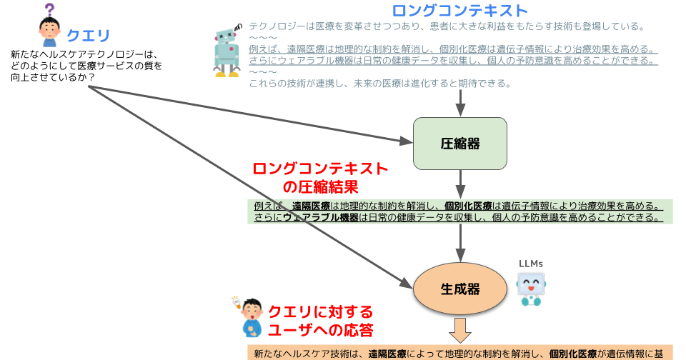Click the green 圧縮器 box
(x=460, y=143)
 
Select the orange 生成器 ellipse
(x=460, y=289)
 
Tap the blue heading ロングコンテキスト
(x=459, y=11)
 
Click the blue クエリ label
(x=89, y=35)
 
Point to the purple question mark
(x=49, y=10)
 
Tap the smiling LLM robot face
(x=530, y=286)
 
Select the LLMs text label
(x=530, y=263)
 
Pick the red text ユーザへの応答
(x=320, y=330)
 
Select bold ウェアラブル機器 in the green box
(x=321, y=217)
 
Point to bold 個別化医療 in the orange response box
(x=573, y=353)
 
